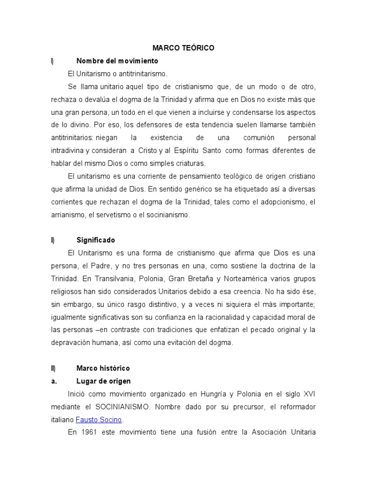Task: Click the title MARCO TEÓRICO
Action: pos(183,48)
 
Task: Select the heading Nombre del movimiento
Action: pos(117,61)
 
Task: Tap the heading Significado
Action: pos(96,240)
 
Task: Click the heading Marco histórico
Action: pos(103,368)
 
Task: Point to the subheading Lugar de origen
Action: pos(103,381)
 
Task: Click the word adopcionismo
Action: pos(281,202)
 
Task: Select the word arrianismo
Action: pos(68,215)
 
